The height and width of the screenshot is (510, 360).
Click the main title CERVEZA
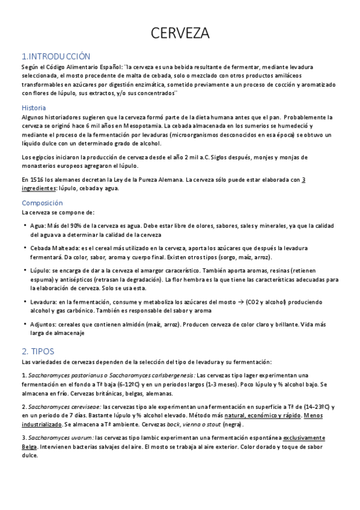tap(180, 32)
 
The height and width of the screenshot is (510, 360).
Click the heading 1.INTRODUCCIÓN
tap(56, 57)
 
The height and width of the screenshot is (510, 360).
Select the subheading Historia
tap(34, 108)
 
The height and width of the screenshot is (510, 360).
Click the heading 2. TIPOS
tap(38, 351)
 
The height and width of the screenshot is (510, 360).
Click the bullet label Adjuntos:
tap(44, 324)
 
